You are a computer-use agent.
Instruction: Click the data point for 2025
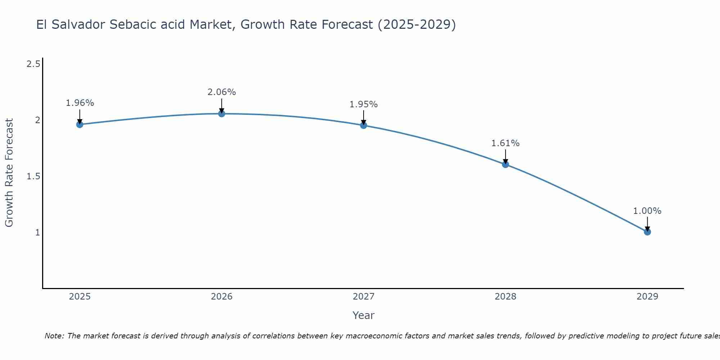80,125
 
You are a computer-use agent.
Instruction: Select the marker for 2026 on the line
221,114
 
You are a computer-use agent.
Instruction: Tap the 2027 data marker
363,125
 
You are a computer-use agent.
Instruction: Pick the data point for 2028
505,165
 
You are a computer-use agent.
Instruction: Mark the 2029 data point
647,232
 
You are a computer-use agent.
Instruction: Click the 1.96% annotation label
80,103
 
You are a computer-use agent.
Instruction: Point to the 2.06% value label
221,92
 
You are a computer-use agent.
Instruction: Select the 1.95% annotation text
363,104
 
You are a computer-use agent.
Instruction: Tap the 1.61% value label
505,143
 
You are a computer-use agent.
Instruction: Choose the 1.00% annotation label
647,211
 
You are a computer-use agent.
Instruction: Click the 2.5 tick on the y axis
33,64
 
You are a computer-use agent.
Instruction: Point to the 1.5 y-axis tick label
33,176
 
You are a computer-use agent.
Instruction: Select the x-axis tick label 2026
221,297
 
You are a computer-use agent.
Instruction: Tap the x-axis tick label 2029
647,297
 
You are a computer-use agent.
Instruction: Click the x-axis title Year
363,315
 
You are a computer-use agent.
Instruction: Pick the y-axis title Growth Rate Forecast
9,173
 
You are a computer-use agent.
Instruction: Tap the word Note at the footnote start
54,336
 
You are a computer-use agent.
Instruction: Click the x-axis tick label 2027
363,297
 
